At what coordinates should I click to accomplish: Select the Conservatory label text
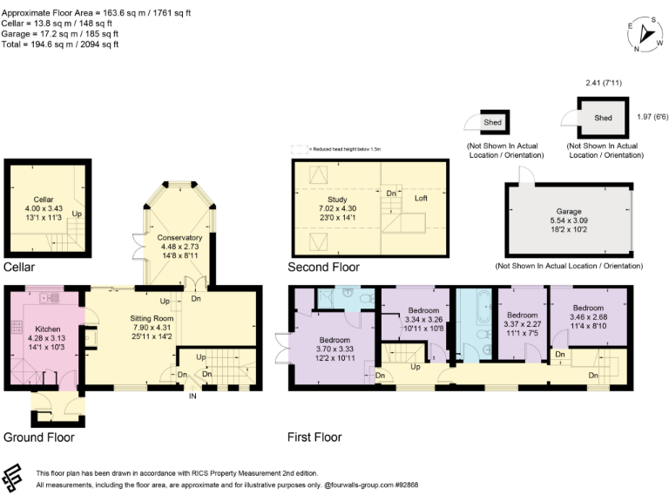point(180,237)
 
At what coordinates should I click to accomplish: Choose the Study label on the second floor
point(336,199)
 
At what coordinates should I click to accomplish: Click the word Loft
point(421,199)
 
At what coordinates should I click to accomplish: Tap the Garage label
point(569,212)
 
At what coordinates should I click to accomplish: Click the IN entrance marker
point(193,397)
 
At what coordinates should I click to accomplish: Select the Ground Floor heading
point(38,438)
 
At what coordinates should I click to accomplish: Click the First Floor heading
point(314,438)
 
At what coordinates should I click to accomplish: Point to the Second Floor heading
point(323,267)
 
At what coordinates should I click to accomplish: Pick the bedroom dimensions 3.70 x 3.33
point(334,349)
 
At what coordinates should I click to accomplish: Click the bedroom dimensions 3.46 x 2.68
point(588,316)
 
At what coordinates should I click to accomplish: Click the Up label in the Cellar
point(77,213)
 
